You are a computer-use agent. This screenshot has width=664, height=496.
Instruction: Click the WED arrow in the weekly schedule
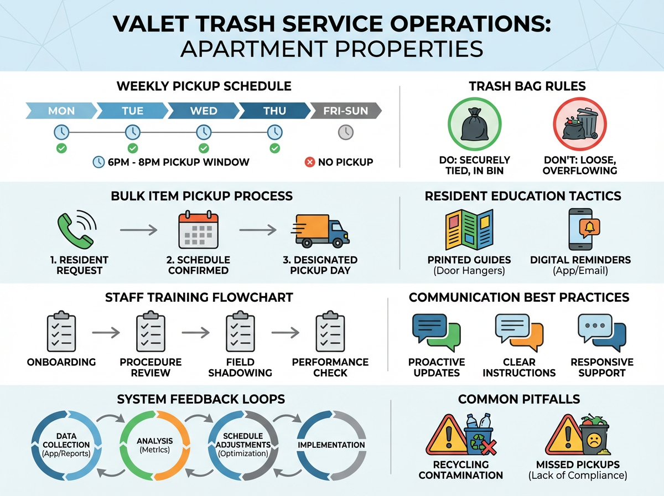[203, 111]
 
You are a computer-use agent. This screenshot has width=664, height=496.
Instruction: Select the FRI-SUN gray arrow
[345, 111]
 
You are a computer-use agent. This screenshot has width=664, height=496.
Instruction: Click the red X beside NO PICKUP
[310, 162]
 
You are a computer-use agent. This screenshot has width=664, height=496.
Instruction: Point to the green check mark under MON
[61, 148]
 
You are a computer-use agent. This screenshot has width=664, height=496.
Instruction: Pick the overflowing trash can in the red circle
[579, 125]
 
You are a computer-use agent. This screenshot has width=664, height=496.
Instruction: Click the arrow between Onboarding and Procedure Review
[106, 333]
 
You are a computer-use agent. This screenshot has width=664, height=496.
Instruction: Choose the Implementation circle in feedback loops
[331, 445]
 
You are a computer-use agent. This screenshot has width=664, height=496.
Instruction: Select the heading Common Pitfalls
[519, 399]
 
